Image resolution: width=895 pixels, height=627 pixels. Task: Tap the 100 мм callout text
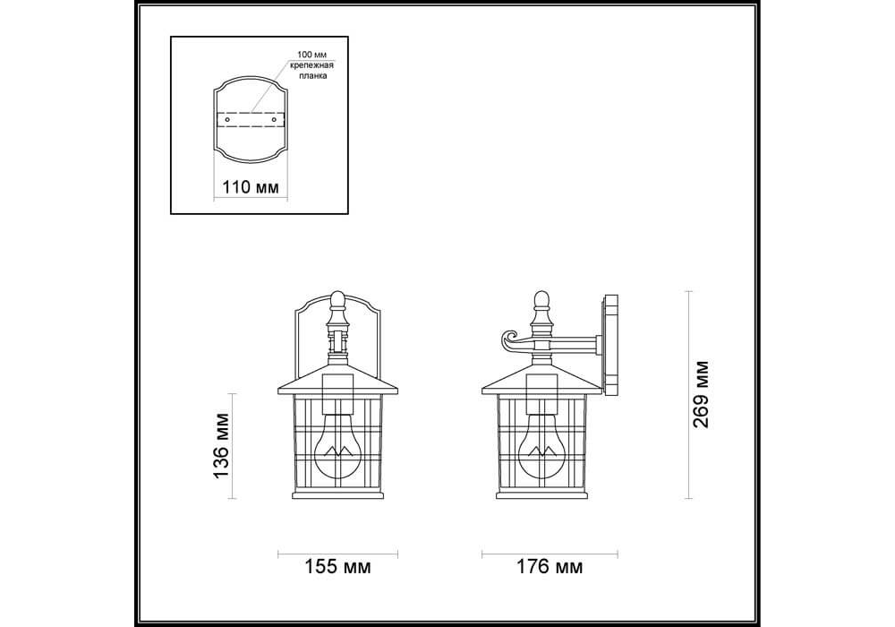pyautogui.click(x=311, y=55)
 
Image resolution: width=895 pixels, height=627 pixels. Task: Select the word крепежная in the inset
pyautogui.click(x=311, y=65)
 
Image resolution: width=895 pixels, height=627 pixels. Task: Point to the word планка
pyautogui.click(x=312, y=76)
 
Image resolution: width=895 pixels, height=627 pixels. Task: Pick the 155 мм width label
pyautogui.click(x=337, y=566)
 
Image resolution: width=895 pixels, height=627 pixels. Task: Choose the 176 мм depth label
pyautogui.click(x=550, y=566)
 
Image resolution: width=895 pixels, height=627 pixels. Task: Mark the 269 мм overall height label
pyautogui.click(x=701, y=394)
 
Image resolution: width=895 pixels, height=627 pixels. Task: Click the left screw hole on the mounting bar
pyautogui.click(x=227, y=121)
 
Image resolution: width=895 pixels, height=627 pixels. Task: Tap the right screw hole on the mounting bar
pyautogui.click(x=274, y=121)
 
